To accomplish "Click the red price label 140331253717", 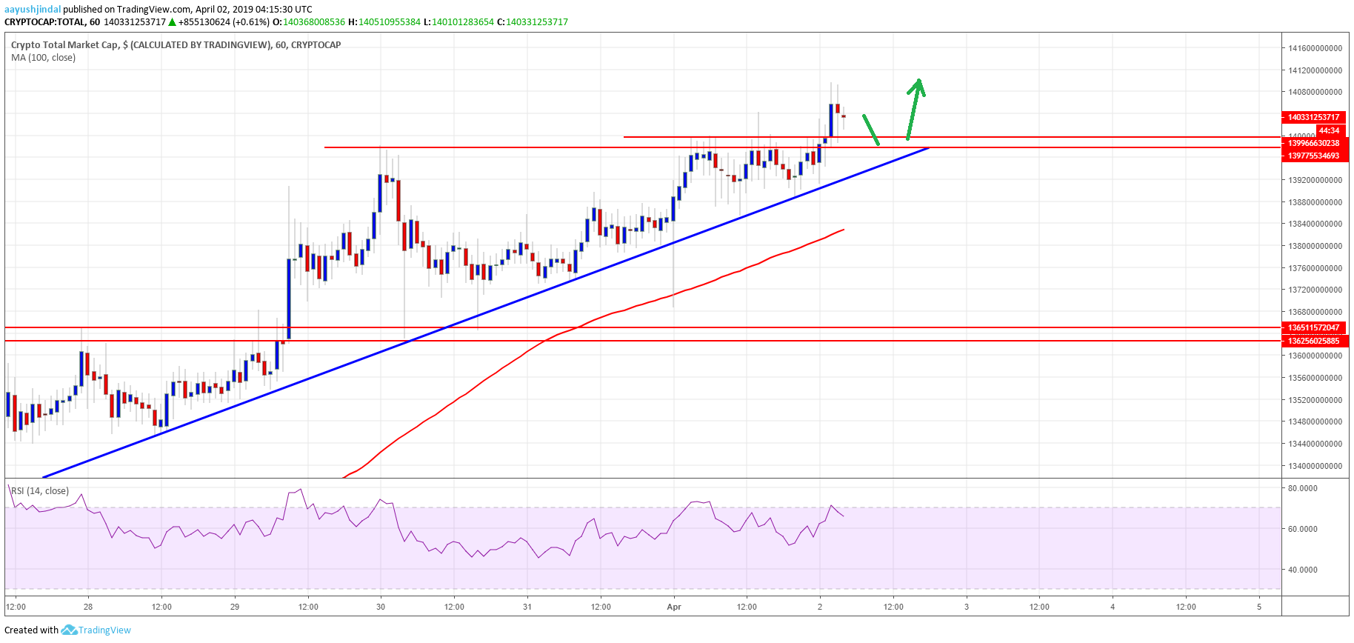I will click(x=1313, y=117).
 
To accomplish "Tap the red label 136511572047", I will click(x=1313, y=327).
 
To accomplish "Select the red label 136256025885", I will click(x=1313, y=341).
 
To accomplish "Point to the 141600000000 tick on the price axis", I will click(x=1315, y=48).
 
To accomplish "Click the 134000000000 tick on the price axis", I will click(x=1315, y=466).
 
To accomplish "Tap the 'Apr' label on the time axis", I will click(x=674, y=607).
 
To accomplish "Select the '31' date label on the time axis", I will click(x=527, y=607).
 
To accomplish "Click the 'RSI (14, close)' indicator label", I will click(x=40, y=491).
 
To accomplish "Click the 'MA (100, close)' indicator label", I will click(x=43, y=58).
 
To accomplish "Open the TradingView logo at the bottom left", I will click(x=96, y=630).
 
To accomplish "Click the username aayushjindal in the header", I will click(x=33, y=10).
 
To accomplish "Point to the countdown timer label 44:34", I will click(x=1329, y=130).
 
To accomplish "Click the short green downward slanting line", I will click(x=871, y=130).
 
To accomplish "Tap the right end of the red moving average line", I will click(x=843, y=230).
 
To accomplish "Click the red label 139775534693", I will click(x=1313, y=156).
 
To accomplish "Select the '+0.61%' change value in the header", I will click(x=253, y=22).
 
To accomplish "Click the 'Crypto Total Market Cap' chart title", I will click(x=64, y=45).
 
